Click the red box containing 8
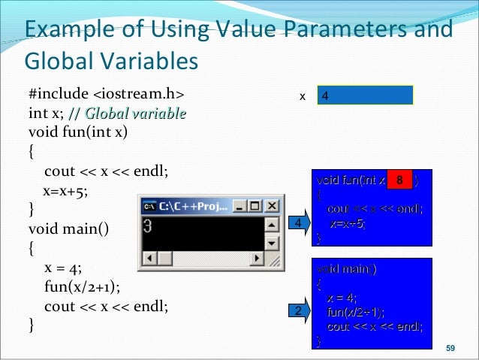400,180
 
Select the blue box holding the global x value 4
365,96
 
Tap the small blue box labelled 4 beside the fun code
298,224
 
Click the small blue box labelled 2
298,310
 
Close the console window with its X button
272,205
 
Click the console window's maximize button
257,205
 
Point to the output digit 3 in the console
149,225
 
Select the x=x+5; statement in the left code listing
65,190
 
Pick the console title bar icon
150,205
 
